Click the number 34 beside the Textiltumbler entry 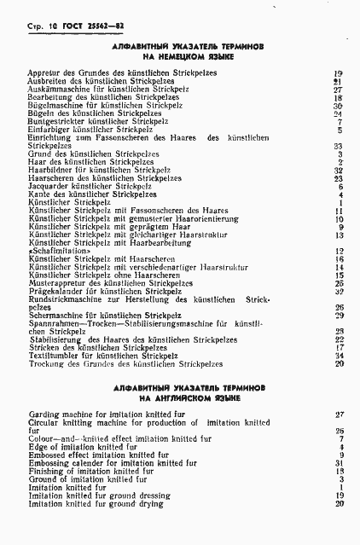point(339,356)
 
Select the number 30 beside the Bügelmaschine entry point(339,106)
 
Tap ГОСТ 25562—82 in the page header point(71,26)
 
